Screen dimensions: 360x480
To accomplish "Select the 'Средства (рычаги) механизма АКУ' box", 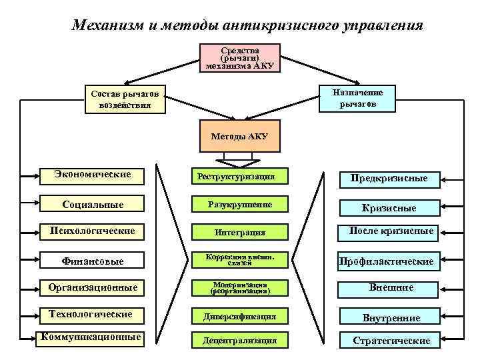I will click(x=240, y=58).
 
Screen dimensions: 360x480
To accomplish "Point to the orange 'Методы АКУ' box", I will click(x=240, y=136).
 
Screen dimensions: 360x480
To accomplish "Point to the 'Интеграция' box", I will click(x=239, y=232).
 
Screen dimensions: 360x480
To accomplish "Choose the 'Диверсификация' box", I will click(x=239, y=315).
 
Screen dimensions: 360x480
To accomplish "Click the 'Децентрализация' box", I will click(x=239, y=340).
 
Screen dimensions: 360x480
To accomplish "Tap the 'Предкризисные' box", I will click(x=389, y=178).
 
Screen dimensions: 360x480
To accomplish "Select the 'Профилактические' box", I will click(x=387, y=261).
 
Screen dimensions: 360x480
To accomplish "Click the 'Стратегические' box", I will click(x=391, y=340).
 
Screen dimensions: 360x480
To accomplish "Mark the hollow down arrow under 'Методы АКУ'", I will click(x=239, y=159).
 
